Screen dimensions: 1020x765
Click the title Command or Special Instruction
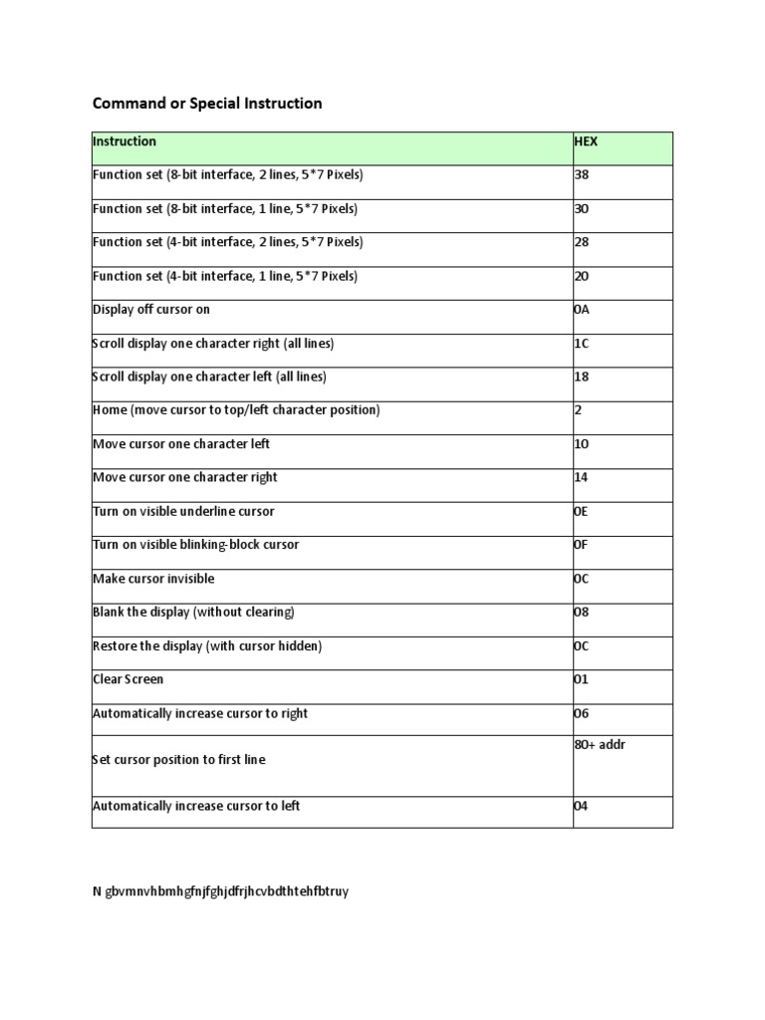pyautogui.click(x=207, y=104)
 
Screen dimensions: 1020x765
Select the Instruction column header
pyautogui.click(x=125, y=142)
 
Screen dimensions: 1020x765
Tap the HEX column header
pyautogui.click(x=587, y=142)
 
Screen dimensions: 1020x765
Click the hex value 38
pyautogui.click(x=582, y=175)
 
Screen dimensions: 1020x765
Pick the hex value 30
pyautogui.click(x=582, y=209)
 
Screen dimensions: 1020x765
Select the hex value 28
pyautogui.click(x=582, y=243)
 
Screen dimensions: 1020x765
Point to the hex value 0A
pyautogui.click(x=582, y=310)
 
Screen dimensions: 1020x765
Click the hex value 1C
pyautogui.click(x=582, y=344)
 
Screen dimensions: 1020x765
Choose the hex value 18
pyautogui.click(x=582, y=378)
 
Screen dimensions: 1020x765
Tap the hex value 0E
pyautogui.click(x=582, y=512)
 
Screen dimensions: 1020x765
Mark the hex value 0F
pyautogui.click(x=582, y=546)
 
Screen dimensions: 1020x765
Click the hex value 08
pyautogui.click(x=582, y=613)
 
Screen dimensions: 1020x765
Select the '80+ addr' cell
pyautogui.click(x=600, y=745)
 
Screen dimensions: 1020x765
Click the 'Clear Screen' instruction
pyautogui.click(x=127, y=679)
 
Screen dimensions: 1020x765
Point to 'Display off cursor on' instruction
pyautogui.click(x=151, y=310)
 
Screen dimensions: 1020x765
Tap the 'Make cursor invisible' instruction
pyautogui.click(x=153, y=579)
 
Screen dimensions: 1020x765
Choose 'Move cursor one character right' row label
pyautogui.click(x=185, y=478)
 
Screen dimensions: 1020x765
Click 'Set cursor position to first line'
pyautogui.click(x=179, y=760)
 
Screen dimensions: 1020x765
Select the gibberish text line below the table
pyautogui.click(x=220, y=892)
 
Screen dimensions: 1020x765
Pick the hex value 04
pyautogui.click(x=582, y=807)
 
